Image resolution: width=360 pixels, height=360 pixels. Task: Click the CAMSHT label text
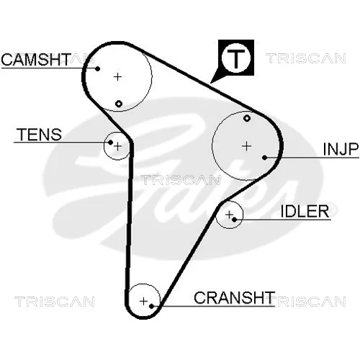[x=36, y=60]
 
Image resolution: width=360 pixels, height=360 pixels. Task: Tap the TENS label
[x=40, y=135]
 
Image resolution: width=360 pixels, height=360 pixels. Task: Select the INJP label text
[x=341, y=149]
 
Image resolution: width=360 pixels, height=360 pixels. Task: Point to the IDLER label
[x=305, y=212]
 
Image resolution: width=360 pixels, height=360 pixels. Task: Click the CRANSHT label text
[x=235, y=298]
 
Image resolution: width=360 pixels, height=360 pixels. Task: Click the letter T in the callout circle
[x=236, y=58]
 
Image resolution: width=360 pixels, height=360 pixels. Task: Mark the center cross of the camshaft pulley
[x=117, y=77]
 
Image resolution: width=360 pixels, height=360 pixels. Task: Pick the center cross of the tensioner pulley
[x=117, y=146]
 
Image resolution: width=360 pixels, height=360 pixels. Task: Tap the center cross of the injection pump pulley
[x=247, y=146]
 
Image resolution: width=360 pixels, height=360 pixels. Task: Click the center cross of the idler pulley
[x=229, y=215]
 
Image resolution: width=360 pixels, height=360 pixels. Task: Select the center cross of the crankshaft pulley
[x=143, y=301]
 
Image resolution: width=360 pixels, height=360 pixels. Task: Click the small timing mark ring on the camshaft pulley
[x=119, y=104]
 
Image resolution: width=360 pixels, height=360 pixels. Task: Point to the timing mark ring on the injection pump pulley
[x=247, y=118]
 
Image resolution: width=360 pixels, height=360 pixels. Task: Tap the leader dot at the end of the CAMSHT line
[x=98, y=68]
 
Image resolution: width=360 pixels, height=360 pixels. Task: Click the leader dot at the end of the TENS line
[x=110, y=143]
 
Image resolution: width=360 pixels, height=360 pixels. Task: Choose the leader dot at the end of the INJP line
[x=264, y=158]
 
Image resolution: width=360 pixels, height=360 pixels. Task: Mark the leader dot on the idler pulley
[x=235, y=220]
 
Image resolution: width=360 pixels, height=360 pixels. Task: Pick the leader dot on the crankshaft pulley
[x=151, y=306]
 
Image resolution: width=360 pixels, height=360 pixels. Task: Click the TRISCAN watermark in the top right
[x=306, y=58]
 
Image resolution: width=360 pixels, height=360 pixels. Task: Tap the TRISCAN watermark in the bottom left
[x=55, y=302]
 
